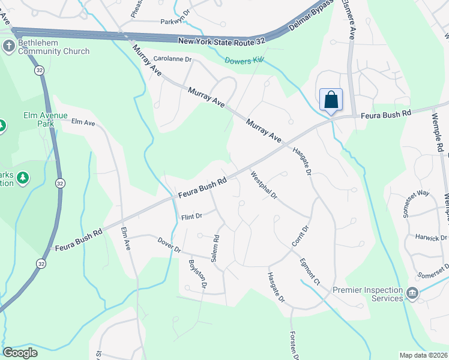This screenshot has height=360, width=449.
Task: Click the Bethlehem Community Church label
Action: click(x=53, y=47)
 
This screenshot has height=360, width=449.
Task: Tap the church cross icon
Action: click(x=9, y=46)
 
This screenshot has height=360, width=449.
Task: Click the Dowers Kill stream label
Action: click(x=244, y=61)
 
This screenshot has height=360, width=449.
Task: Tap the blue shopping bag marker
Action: click(x=331, y=100)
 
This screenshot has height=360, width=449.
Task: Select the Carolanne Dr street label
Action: click(x=172, y=59)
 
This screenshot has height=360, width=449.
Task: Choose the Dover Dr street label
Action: click(x=169, y=245)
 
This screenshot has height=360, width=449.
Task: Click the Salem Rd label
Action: click(x=215, y=248)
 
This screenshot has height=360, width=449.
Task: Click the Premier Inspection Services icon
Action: click(x=412, y=293)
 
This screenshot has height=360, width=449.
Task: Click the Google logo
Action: click(x=20, y=352)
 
